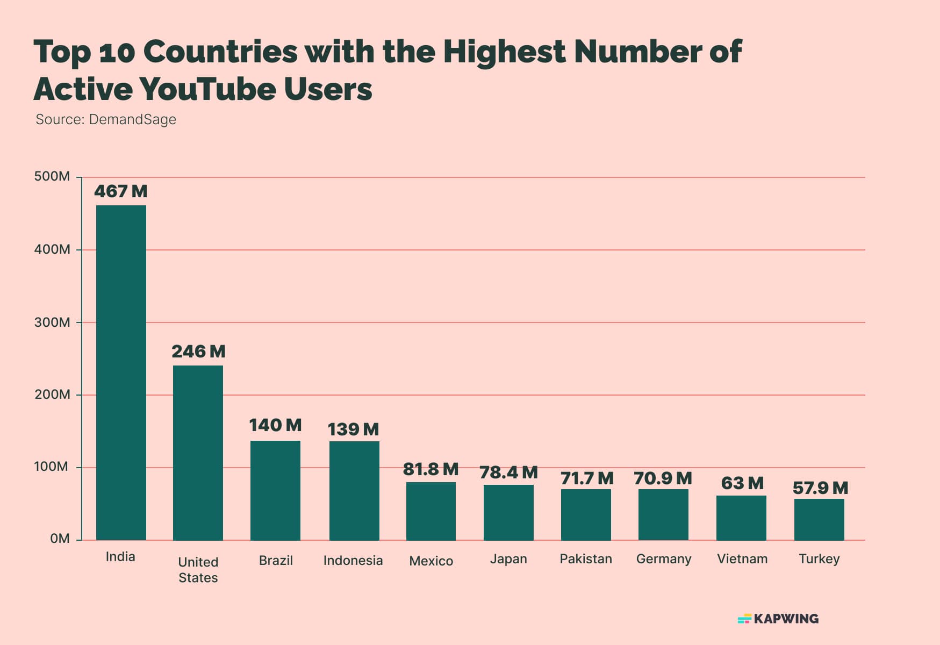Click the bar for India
pos(121,372)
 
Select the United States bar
pos(198,453)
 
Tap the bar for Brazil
pos(275,490)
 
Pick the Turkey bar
pos(819,519)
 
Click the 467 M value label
pos(120,191)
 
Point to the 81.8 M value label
pos(430,469)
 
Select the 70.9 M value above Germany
pos(663,478)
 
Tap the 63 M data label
pos(742,483)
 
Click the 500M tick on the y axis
pos(52,176)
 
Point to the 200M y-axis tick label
pos(52,395)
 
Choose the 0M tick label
pos(60,539)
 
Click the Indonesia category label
pos(353,561)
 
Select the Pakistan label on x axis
pos(586,559)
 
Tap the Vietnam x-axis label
pos(742,559)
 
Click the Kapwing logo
pos(778,619)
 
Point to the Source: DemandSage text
pos(106,119)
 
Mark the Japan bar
pos(508,512)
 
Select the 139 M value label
pos(353,429)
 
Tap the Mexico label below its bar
pos(431,561)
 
